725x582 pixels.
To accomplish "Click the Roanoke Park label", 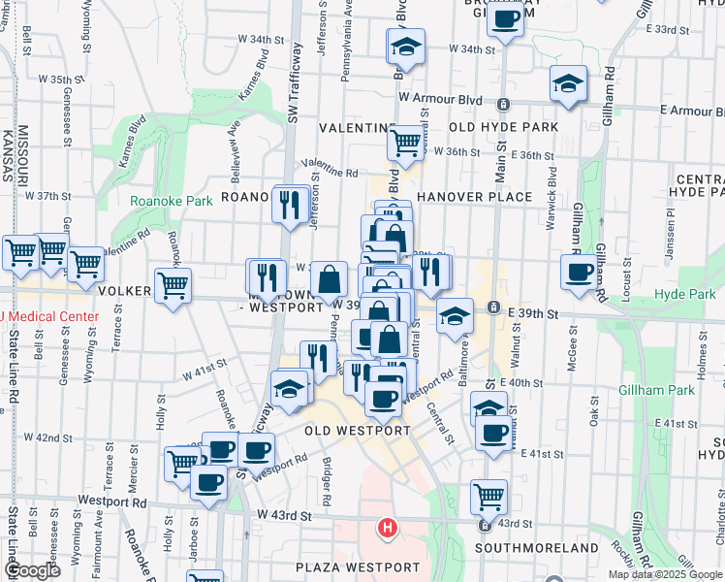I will (x=172, y=201).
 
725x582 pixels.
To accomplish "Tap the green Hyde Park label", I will (x=683, y=294).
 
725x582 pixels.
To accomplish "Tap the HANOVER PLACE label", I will (x=474, y=197).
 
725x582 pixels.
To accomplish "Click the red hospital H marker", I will (x=387, y=528).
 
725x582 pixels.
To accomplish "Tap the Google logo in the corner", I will (x=33, y=571).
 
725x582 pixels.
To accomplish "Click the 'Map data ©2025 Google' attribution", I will (x=665, y=574).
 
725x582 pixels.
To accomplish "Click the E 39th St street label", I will (x=531, y=314).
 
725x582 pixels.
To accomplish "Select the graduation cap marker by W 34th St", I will (x=406, y=46).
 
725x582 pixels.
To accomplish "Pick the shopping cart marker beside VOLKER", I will (x=173, y=285).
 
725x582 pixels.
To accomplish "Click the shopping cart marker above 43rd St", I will (x=489, y=496).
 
